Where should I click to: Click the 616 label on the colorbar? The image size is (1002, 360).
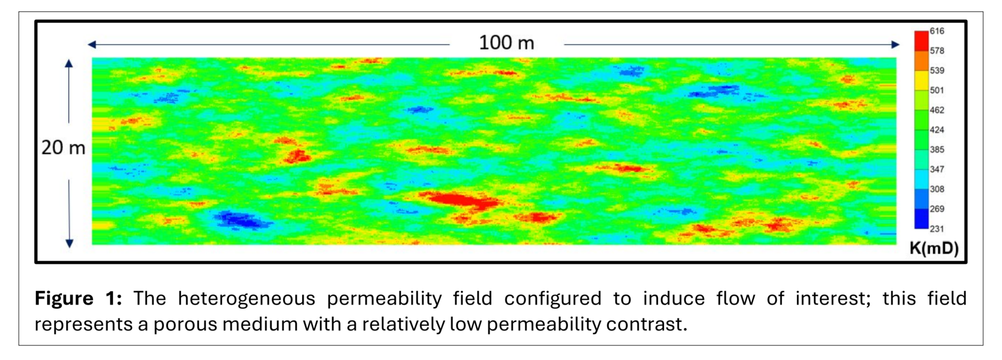pos(936,31)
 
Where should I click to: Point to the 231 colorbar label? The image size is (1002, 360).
pos(936,229)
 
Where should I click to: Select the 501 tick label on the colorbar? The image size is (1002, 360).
pos(936,90)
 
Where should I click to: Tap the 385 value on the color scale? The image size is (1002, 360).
pos(936,150)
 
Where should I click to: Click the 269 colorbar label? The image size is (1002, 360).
pos(936,209)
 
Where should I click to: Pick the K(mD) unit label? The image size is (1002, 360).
pos(934,248)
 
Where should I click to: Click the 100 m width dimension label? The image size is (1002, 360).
pos(507,43)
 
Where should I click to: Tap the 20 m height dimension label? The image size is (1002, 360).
pos(63,148)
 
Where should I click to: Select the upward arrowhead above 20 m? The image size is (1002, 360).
pos(69,64)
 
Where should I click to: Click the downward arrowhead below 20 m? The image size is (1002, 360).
pos(69,243)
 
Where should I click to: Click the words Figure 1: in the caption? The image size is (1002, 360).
pos(78,299)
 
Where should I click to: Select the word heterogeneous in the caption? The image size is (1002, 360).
pos(246,299)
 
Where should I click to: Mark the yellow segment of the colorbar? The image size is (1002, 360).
pos(921,80)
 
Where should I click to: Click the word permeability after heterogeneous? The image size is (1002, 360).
pos(384,299)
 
